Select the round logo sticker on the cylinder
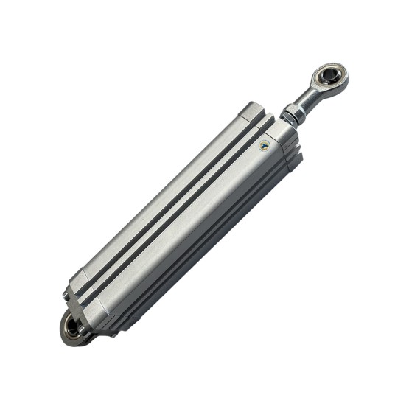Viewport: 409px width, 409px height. pos(265,145)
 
